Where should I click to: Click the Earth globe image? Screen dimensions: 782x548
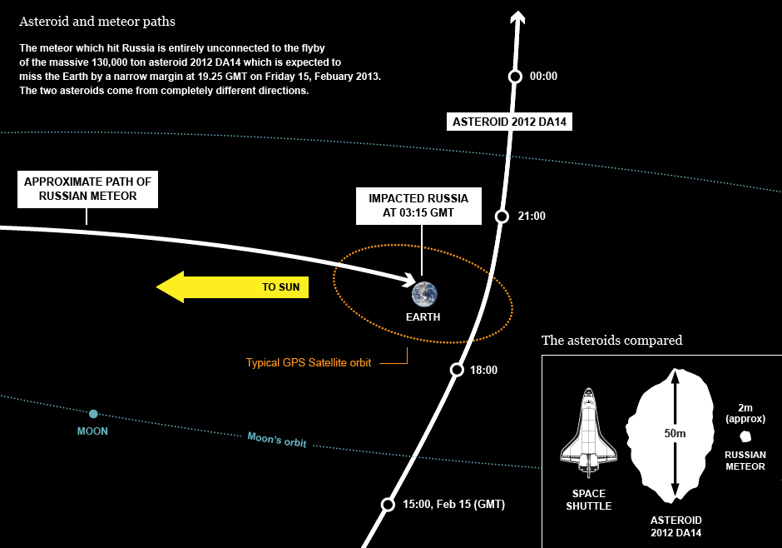pyautogui.click(x=424, y=294)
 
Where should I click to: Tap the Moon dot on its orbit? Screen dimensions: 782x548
pyautogui.click(x=93, y=414)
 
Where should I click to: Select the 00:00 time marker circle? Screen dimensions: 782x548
pyautogui.click(x=515, y=77)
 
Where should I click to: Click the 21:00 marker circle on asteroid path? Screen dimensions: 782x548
pyautogui.click(x=502, y=216)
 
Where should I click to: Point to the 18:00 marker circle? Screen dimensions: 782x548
pyautogui.click(x=457, y=370)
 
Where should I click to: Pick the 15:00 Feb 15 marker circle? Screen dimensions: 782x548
pyautogui.click(x=388, y=505)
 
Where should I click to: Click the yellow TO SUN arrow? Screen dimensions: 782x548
pyautogui.click(x=232, y=287)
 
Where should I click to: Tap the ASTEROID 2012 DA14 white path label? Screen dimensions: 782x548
pyautogui.click(x=509, y=122)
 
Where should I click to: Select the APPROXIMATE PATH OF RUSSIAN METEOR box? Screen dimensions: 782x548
pyautogui.click(x=88, y=189)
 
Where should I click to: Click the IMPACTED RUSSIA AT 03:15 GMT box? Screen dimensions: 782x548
pyautogui.click(x=418, y=206)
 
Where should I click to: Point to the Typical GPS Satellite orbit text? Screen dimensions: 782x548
pyautogui.click(x=308, y=363)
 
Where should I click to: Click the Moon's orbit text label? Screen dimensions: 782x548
pyautogui.click(x=277, y=439)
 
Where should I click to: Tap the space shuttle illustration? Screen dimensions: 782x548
pyautogui.click(x=589, y=431)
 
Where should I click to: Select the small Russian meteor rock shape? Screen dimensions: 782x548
pyautogui.click(x=745, y=436)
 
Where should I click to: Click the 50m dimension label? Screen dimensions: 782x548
pyautogui.click(x=675, y=433)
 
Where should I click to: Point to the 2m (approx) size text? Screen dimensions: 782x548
pyautogui.click(x=745, y=413)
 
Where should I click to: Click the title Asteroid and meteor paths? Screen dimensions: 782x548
pyautogui.click(x=97, y=22)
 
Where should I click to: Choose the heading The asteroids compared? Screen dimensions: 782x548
pyautogui.click(x=612, y=341)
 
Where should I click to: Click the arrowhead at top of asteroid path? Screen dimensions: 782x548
pyautogui.click(x=517, y=17)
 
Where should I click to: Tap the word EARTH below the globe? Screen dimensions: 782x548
pyautogui.click(x=423, y=317)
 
